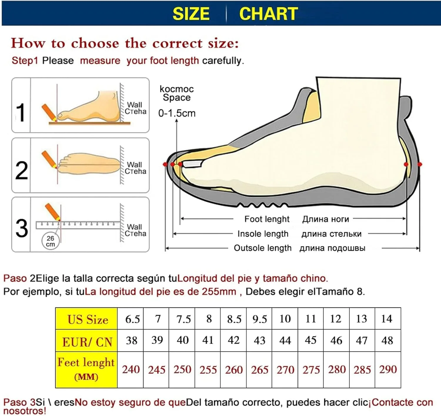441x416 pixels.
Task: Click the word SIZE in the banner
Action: tap(191, 14)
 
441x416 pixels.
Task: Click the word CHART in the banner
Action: tap(269, 14)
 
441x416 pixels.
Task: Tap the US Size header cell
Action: tap(86, 319)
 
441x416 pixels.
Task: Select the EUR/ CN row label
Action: tap(86, 341)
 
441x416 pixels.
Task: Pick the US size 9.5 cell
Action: tap(259, 319)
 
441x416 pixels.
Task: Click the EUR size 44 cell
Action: tap(285, 340)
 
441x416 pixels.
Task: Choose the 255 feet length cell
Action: tap(208, 370)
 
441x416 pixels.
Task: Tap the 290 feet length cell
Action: tap(388, 370)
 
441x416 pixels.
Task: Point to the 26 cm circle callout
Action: tap(50, 241)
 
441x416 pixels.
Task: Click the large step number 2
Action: tap(21, 170)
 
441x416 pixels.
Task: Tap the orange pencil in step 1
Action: tap(49, 112)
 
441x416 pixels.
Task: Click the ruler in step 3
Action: tap(78, 225)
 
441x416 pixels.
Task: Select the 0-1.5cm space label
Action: tap(177, 113)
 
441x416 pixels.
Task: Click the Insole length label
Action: tap(263, 234)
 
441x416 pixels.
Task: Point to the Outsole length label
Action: tap(263, 248)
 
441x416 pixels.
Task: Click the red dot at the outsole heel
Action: tap(420, 164)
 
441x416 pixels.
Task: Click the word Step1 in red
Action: tap(25, 61)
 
